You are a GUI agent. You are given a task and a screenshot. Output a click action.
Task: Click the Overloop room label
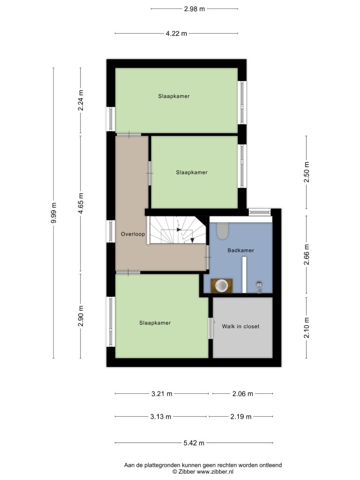[x=133, y=234]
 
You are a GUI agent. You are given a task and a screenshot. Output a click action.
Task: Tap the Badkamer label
[x=240, y=250]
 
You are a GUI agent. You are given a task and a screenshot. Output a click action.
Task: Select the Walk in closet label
[x=240, y=326]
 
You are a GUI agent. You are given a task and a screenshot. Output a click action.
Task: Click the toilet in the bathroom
[x=223, y=231]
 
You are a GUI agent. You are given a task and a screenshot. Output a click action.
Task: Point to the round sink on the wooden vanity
[x=221, y=286]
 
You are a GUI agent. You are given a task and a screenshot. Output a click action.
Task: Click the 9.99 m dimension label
[x=53, y=213]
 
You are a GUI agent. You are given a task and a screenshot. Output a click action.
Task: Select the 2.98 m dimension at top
[x=195, y=9]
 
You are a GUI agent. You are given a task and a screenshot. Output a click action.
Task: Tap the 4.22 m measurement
[x=176, y=33]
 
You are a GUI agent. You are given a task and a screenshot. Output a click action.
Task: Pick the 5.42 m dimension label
[x=194, y=443]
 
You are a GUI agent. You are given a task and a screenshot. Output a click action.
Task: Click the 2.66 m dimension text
[x=307, y=255]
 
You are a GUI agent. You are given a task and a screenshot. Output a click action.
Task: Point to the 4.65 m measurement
[x=81, y=203]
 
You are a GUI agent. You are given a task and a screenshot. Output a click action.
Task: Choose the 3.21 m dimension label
[x=162, y=394]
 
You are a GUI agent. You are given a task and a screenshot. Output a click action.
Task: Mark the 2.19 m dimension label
[x=241, y=417]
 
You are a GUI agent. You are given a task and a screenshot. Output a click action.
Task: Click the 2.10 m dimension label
[x=307, y=328]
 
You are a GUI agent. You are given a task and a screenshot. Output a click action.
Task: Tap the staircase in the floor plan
[x=177, y=230]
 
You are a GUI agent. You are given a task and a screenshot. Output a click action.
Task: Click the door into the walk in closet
[x=210, y=328]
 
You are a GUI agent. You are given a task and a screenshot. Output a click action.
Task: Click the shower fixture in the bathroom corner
[x=260, y=287]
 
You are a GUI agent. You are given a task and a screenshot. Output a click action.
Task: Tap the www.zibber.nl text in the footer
[x=215, y=472]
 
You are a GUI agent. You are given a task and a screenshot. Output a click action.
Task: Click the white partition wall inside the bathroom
[x=244, y=275]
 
